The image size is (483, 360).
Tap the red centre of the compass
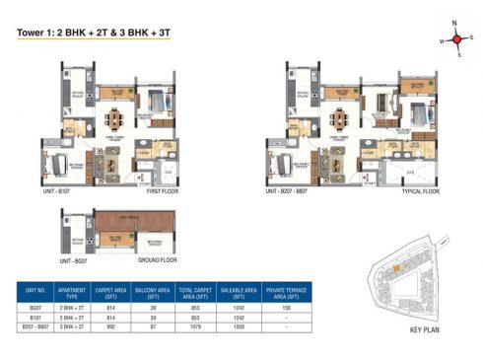(x=456, y=39)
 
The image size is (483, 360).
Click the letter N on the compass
(x=456, y=24)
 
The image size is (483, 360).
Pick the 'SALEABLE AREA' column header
(x=241, y=291)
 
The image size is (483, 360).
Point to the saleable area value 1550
(x=241, y=328)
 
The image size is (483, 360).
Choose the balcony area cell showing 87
(x=152, y=328)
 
